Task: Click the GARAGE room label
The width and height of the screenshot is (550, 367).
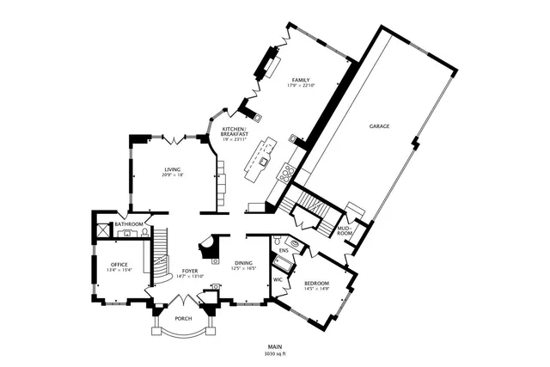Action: [379, 126]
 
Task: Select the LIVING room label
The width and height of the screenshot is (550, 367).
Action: [173, 169]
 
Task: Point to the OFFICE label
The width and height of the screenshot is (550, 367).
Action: [119, 264]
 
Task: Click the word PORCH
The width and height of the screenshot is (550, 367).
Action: [183, 318]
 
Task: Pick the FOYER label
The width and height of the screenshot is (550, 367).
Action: [190, 271]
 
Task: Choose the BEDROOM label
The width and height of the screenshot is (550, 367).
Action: [316, 283]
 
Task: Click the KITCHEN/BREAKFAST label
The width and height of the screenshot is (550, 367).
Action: [235, 132]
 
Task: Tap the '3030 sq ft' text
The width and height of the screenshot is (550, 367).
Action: [274, 353]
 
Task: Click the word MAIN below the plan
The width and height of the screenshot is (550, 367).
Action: [274, 346]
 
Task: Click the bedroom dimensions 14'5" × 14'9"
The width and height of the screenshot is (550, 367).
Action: [316, 289]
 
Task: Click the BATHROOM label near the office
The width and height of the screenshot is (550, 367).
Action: [129, 224]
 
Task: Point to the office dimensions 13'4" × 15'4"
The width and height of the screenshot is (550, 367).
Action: [119, 270]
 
